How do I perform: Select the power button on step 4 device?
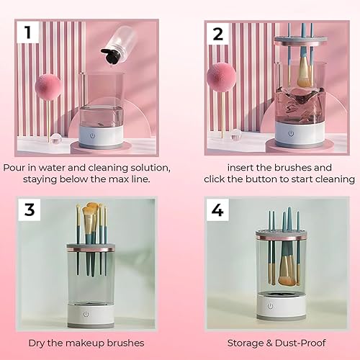click(271, 306)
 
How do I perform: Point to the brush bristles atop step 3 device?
click(91, 216)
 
